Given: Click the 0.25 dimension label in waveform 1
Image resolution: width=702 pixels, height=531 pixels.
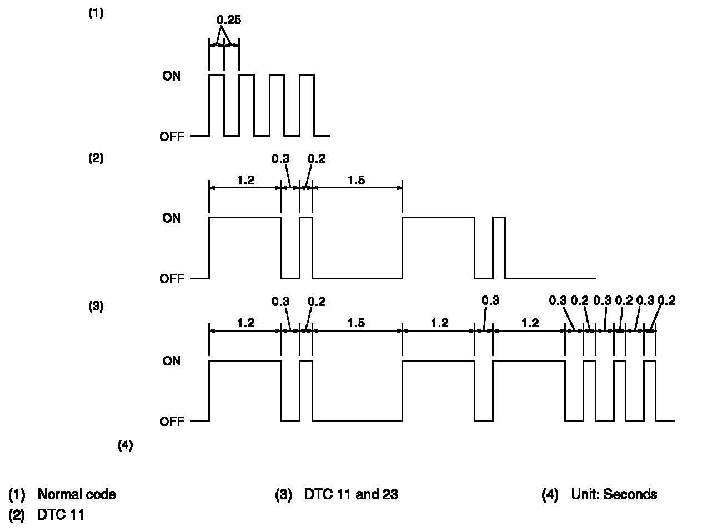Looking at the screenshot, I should (228, 20).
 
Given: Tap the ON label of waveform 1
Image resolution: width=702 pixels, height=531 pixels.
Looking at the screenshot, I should (172, 76).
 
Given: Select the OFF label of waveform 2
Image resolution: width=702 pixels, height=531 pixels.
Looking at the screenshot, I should (172, 279).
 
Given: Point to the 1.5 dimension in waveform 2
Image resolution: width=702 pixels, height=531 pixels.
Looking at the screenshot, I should (357, 180).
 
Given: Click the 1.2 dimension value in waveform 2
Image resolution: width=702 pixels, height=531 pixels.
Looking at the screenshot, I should (245, 180).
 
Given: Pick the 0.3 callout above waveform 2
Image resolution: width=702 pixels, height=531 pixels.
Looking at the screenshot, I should (280, 159).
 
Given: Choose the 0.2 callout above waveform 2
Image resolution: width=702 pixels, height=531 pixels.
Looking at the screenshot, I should (316, 159).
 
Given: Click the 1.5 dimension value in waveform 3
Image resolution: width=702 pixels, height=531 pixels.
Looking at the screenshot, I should (357, 323).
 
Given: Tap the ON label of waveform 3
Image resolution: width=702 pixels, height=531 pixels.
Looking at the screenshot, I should (172, 361).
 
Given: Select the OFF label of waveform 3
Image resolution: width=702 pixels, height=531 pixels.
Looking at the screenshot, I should (172, 422).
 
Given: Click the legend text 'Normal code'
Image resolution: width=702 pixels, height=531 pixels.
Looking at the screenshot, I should (77, 494).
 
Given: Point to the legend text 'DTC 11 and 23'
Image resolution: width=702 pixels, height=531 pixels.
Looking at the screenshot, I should (351, 494).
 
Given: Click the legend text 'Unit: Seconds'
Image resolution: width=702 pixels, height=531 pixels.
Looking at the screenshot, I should (614, 494).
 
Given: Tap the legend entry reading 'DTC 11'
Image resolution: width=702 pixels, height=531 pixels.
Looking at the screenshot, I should (61, 515).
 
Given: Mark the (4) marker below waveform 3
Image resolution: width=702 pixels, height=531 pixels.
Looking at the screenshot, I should (125, 445).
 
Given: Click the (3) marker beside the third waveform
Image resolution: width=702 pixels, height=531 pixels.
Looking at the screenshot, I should (96, 306).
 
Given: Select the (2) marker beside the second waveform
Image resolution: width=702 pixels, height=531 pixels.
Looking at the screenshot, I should (96, 158).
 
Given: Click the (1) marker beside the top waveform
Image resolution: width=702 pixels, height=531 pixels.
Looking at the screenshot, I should (96, 14).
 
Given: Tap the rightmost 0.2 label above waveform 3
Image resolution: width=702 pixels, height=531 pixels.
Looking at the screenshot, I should (666, 301).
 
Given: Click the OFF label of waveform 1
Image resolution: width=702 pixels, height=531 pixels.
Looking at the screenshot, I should (172, 136).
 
